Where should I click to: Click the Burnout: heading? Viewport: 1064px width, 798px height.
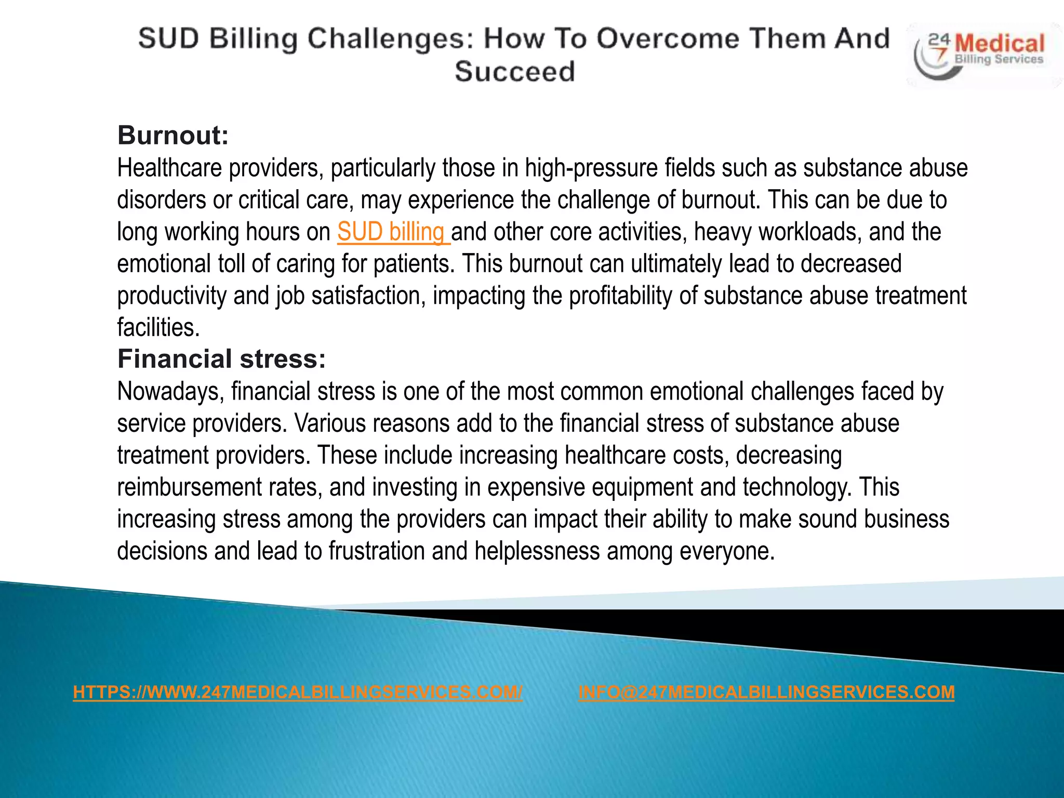[173, 135]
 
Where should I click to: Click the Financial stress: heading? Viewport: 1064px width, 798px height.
[221, 359]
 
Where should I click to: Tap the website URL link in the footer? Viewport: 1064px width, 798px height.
[298, 692]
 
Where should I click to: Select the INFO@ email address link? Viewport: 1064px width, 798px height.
[766, 692]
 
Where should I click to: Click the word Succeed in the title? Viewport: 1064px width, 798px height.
[515, 71]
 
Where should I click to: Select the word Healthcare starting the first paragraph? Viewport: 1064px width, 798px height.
[169, 168]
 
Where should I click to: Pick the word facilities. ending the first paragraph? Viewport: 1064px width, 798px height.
[158, 328]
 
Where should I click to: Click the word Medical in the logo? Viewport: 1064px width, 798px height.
[999, 44]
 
